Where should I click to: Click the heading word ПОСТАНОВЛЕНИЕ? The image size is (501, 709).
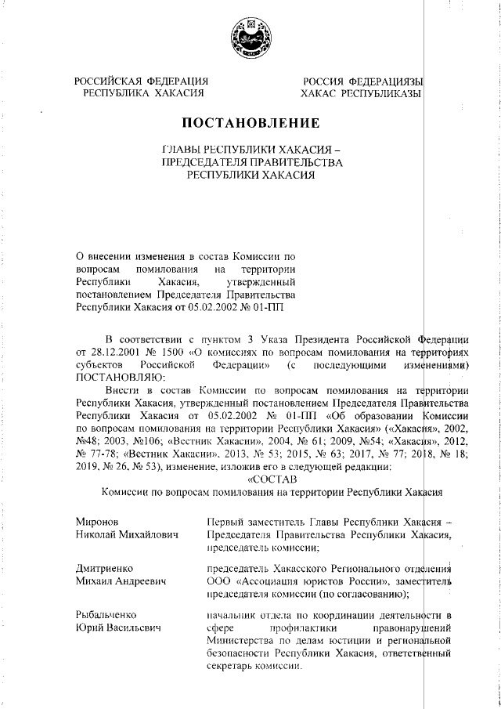250,124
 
